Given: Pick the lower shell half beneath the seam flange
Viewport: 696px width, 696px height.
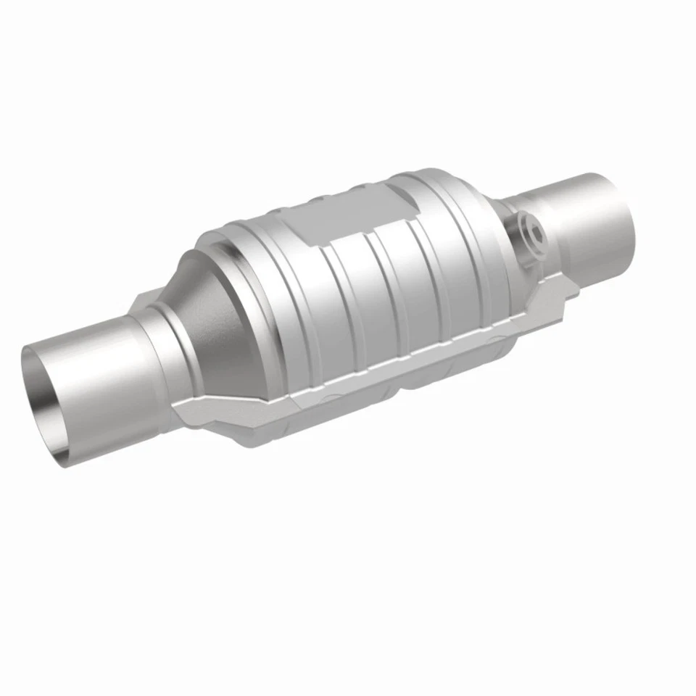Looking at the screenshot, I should [x=406, y=384].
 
